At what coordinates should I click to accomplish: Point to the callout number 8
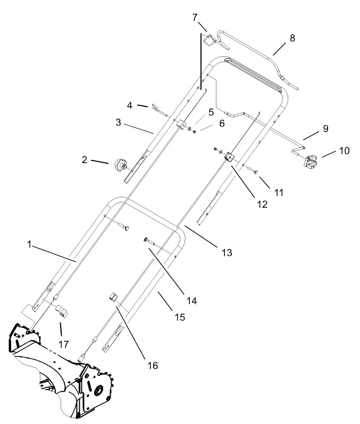coord(292,38)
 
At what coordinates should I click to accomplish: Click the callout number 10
coord(344,151)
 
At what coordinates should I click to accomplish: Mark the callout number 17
coord(64,344)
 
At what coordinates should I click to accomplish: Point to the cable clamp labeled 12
coord(230,158)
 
